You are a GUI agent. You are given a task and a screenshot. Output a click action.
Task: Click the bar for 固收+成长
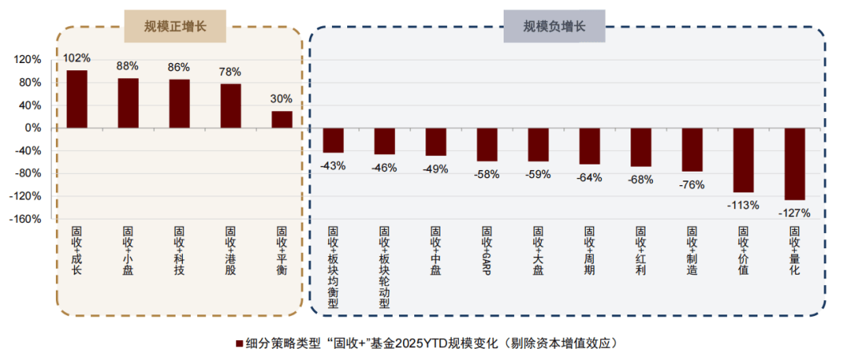77,99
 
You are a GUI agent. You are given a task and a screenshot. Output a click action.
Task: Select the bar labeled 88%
128,103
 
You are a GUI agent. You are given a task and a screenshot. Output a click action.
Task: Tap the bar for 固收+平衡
282,119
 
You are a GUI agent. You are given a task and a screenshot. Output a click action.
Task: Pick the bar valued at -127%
794,164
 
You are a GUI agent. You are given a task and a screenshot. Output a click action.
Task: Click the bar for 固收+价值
743,160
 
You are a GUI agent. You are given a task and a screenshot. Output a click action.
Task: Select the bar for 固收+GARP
487,144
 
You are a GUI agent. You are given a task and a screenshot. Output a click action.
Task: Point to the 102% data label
77,58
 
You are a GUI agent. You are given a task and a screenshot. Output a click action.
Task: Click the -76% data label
692,184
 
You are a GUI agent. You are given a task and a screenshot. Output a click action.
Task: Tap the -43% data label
333,165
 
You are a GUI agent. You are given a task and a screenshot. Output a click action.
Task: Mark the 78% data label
231,72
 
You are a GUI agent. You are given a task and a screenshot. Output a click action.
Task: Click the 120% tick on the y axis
27,60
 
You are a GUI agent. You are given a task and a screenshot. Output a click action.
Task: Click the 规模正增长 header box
176,26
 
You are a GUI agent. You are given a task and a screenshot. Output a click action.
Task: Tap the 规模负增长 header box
554,26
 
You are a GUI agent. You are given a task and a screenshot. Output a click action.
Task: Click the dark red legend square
239,343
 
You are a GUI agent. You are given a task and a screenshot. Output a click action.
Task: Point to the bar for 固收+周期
589,146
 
